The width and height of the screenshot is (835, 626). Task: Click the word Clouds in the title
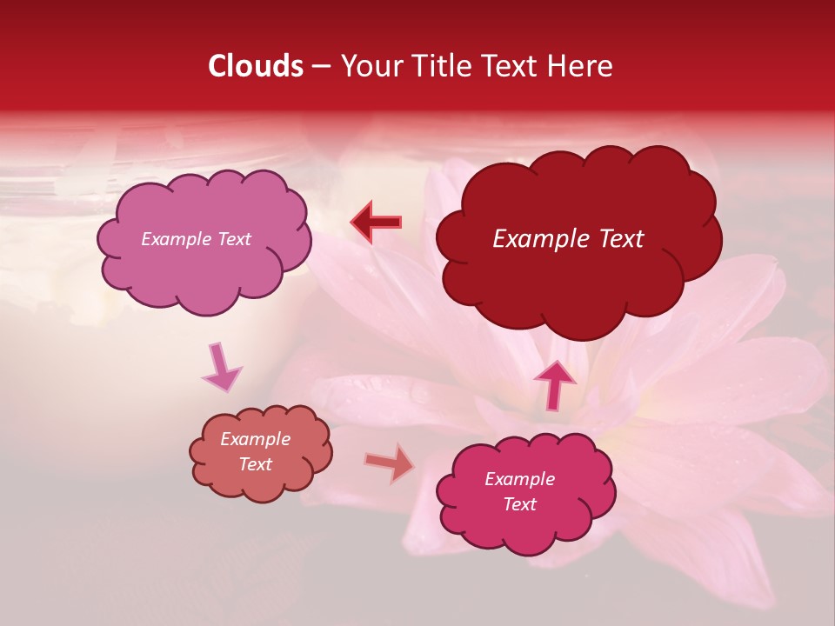point(256,66)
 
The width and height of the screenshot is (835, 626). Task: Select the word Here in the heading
point(583,66)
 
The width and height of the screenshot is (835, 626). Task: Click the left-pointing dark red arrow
point(376,223)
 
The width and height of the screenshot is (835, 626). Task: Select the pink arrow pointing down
point(221,366)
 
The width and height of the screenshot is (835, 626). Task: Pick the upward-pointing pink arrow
point(555,383)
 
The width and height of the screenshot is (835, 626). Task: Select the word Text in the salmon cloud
point(256,464)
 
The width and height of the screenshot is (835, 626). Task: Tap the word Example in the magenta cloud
point(520,479)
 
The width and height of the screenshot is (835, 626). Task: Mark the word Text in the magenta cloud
point(520,504)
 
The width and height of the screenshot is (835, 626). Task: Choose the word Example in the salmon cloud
point(256,439)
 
